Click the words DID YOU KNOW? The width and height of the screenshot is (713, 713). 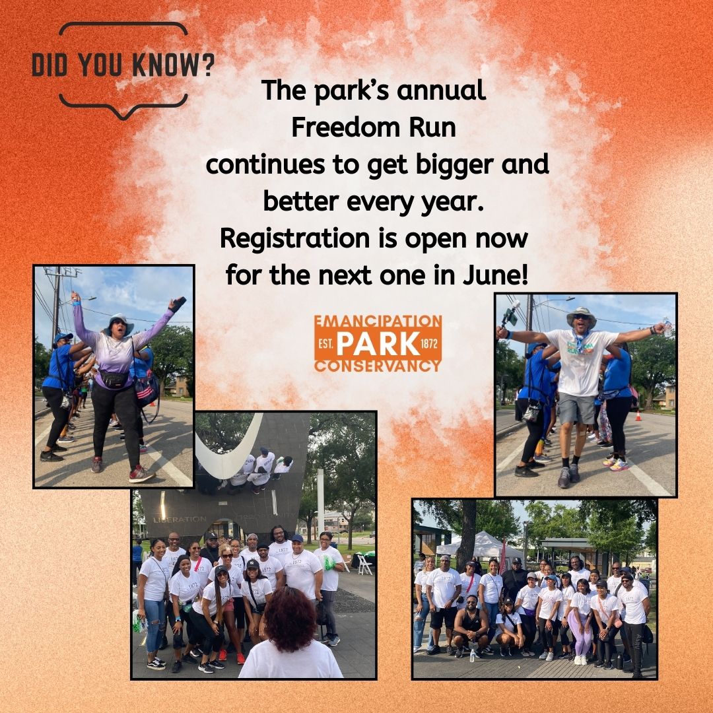123,67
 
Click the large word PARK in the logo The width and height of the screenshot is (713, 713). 378,343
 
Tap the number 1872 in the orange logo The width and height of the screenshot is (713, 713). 430,343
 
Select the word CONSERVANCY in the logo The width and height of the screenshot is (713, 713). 378,365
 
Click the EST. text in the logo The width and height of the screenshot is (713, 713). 326,343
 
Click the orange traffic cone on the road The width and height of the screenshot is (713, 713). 638,416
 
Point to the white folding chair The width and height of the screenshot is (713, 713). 364,564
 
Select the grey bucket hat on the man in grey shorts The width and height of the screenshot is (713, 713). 581,315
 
